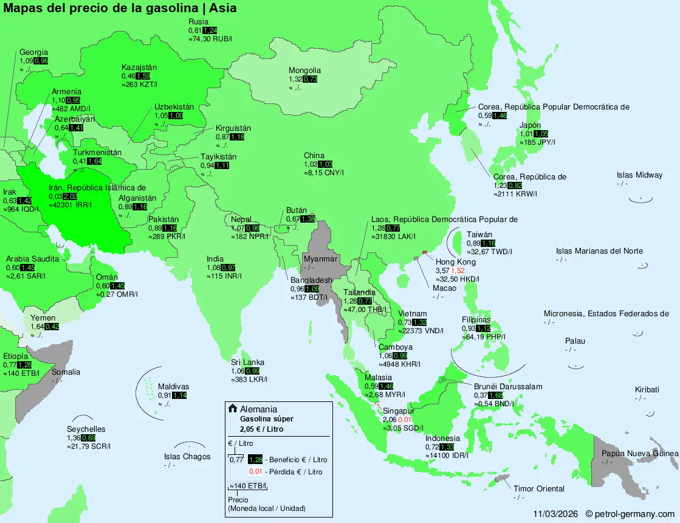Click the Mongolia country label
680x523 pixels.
point(304,71)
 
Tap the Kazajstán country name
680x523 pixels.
point(139,68)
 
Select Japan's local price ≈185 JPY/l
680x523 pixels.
point(538,142)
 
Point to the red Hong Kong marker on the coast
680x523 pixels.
point(424,252)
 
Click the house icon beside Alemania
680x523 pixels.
point(232,409)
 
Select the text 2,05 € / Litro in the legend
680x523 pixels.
point(261,429)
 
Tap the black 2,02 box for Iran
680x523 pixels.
point(70,196)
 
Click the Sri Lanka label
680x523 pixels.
point(247,362)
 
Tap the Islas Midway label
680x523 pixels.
point(639,175)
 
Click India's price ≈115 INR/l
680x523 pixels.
point(224,276)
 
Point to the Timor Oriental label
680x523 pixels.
point(538,488)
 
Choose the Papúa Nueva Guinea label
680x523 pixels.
point(639,454)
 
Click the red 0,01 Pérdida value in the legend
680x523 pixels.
point(255,472)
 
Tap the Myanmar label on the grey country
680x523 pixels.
point(320,259)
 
